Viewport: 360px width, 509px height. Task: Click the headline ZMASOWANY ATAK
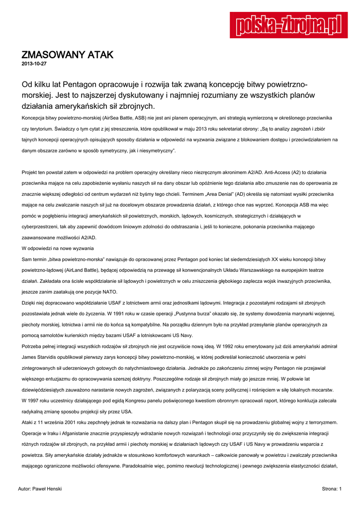(x=68, y=55)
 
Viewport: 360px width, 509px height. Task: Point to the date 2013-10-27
(x=34, y=65)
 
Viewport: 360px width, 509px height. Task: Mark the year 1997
(x=39, y=400)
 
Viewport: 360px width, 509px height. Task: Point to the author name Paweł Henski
(x=47, y=489)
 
